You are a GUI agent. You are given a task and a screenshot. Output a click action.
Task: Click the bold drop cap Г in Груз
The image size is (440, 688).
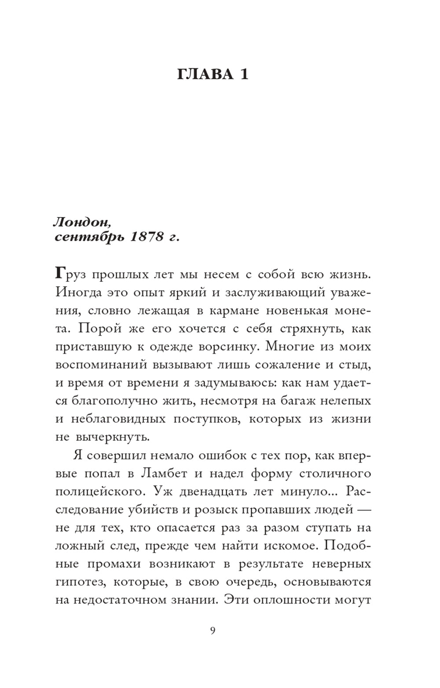click(60, 274)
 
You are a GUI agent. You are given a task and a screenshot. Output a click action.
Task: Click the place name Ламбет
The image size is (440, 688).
click(164, 473)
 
